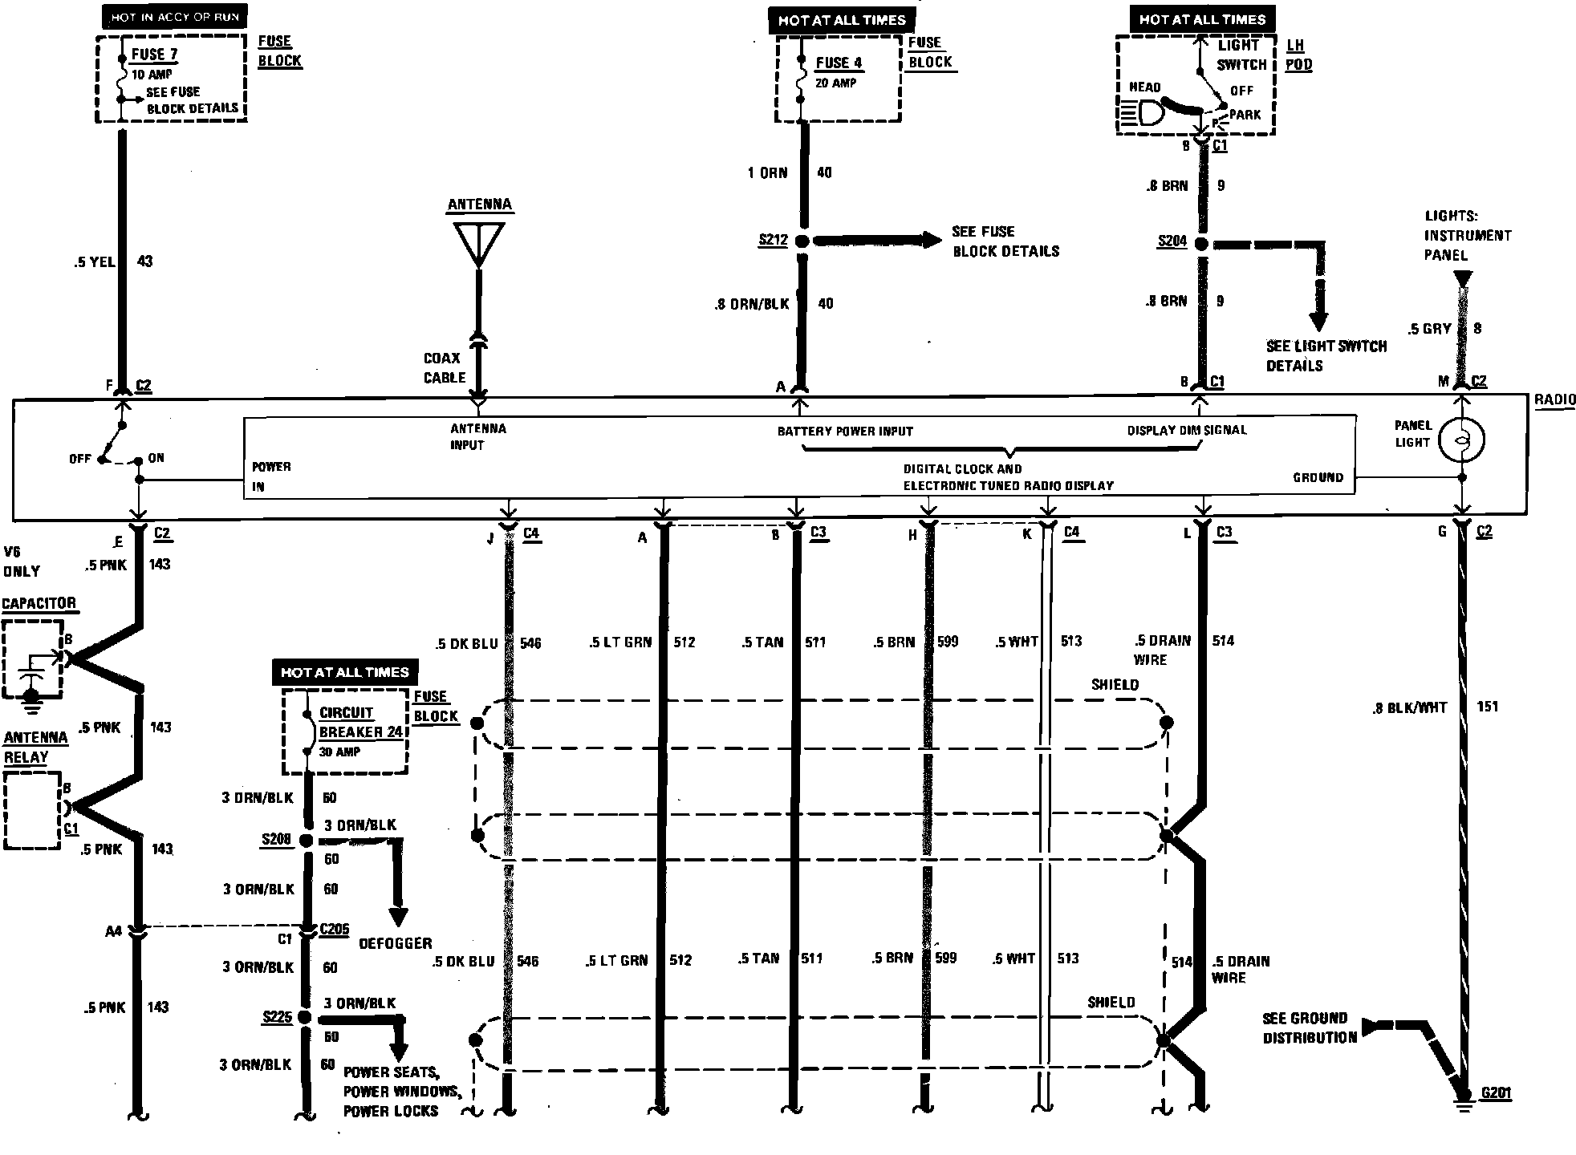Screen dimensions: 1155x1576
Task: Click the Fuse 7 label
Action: pyautogui.click(x=155, y=55)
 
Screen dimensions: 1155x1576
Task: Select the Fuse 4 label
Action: pyautogui.click(x=839, y=63)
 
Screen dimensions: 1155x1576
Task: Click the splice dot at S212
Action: pyautogui.click(x=801, y=241)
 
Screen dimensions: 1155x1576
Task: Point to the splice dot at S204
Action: pyautogui.click(x=1201, y=244)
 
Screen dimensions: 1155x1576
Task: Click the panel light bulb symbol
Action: pyautogui.click(x=1461, y=440)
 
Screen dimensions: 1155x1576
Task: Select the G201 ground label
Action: pyautogui.click(x=1496, y=1093)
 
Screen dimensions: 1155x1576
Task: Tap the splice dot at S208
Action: pyautogui.click(x=306, y=840)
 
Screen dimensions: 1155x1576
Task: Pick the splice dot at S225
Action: pyautogui.click(x=304, y=1017)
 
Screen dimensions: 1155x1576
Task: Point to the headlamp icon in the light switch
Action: pyautogui.click(x=1144, y=112)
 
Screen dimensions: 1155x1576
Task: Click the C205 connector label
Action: pyautogui.click(x=334, y=929)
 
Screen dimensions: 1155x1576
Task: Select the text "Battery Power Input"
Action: pyautogui.click(x=845, y=432)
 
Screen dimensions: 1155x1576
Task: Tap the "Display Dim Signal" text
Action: pyautogui.click(x=1187, y=430)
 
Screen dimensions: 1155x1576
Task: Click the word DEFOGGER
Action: pyautogui.click(x=395, y=943)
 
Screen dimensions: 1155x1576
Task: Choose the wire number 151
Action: pyautogui.click(x=1487, y=707)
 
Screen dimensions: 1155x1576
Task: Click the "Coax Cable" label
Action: pyautogui.click(x=445, y=368)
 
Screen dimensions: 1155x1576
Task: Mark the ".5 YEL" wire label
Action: pyautogui.click(x=95, y=261)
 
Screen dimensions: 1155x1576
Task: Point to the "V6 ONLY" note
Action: pyautogui.click(x=22, y=561)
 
